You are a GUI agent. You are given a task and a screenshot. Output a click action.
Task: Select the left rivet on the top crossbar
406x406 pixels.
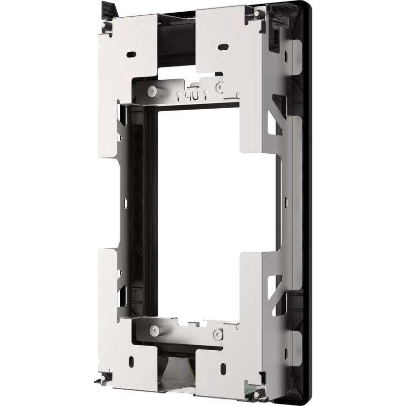(152, 91)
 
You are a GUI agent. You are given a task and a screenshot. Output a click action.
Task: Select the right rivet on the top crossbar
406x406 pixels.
(219, 87)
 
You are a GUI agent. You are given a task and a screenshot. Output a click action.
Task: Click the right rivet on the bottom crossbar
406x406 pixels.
(218, 334)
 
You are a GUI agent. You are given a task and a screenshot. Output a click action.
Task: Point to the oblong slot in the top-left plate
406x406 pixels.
(130, 54)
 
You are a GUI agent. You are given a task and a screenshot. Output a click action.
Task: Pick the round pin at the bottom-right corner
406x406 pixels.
(257, 394)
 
